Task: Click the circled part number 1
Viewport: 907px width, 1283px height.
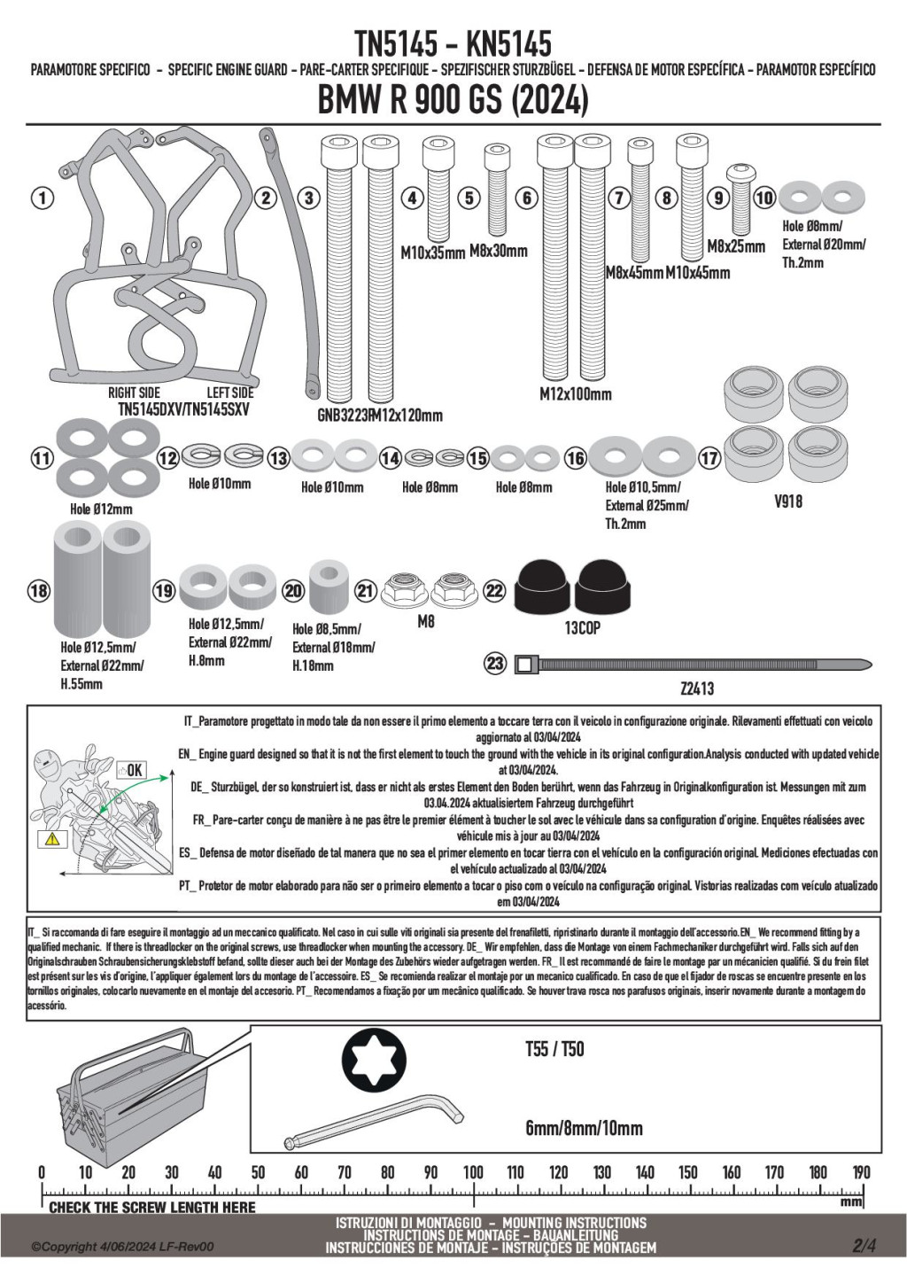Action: click(x=42, y=198)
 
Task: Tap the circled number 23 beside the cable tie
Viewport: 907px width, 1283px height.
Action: click(x=495, y=663)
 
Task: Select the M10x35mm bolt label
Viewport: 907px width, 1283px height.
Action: click(x=432, y=253)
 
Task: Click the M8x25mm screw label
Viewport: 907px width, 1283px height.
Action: click(x=736, y=245)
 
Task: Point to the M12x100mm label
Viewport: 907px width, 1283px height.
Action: click(x=575, y=393)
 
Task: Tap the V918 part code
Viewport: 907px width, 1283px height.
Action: click(x=787, y=502)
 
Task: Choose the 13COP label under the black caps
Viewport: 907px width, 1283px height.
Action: click(x=582, y=627)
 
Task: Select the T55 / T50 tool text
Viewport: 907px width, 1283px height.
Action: click(x=554, y=1049)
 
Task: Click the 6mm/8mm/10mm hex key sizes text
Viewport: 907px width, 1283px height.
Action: click(x=584, y=1128)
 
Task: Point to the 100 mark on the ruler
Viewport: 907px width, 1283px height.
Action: click(x=473, y=1172)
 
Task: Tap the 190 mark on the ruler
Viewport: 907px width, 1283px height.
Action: click(x=861, y=1172)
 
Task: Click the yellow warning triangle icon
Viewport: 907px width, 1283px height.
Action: click(x=50, y=837)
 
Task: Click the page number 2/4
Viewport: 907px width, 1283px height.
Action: click(x=864, y=1246)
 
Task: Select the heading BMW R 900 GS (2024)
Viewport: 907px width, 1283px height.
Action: click(x=453, y=100)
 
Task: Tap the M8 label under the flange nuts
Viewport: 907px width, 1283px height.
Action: click(x=426, y=622)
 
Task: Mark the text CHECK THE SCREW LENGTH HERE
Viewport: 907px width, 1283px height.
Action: click(x=151, y=1207)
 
